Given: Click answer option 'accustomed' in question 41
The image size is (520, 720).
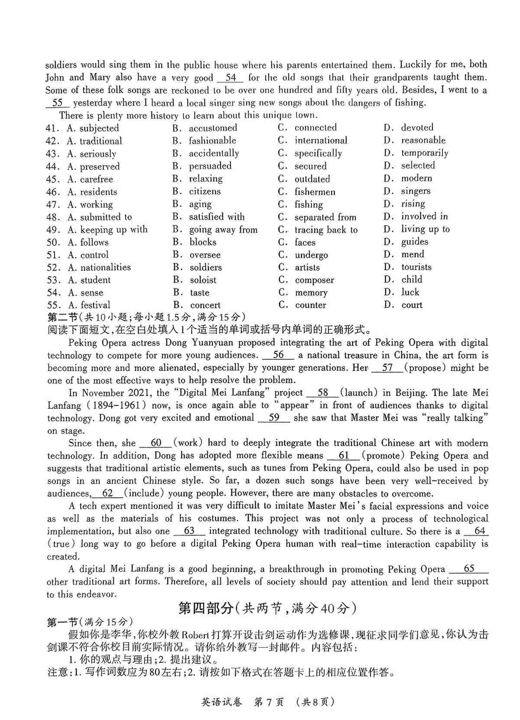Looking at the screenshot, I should (213, 128).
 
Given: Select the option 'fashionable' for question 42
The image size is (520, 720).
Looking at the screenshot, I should (212, 140).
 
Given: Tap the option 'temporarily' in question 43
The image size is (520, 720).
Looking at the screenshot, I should (424, 153).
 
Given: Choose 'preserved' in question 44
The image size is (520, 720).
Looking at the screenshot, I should (100, 166).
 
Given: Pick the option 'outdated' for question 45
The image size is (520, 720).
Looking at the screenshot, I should (312, 179).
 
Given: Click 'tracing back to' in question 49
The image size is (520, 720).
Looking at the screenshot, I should (326, 230).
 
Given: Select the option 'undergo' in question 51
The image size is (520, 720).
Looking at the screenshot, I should (311, 255).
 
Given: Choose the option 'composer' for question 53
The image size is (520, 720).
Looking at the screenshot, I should (314, 280).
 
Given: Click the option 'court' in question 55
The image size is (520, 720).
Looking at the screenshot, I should (412, 305).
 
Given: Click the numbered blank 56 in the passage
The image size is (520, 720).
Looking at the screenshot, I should (278, 355).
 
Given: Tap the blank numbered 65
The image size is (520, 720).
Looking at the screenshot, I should (469, 568).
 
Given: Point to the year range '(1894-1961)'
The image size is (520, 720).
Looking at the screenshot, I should (116, 405).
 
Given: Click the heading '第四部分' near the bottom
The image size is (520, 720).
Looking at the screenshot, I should (206, 608).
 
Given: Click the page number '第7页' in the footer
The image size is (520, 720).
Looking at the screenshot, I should (269, 702).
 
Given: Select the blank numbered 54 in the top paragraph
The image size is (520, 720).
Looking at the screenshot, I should (231, 78).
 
